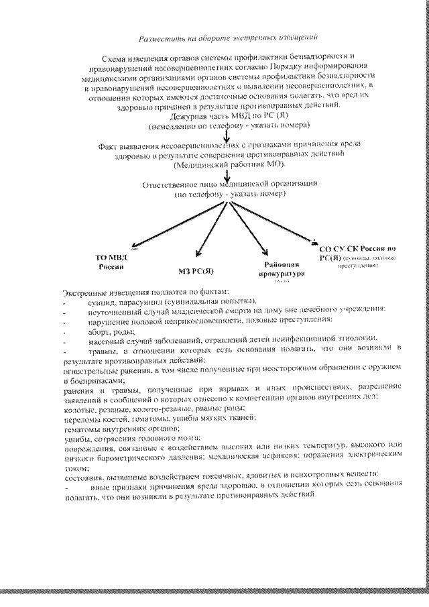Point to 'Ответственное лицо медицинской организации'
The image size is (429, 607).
tap(230, 184)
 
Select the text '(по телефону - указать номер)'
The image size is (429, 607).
tap(230, 193)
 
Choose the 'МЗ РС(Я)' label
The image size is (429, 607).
tap(196, 270)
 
